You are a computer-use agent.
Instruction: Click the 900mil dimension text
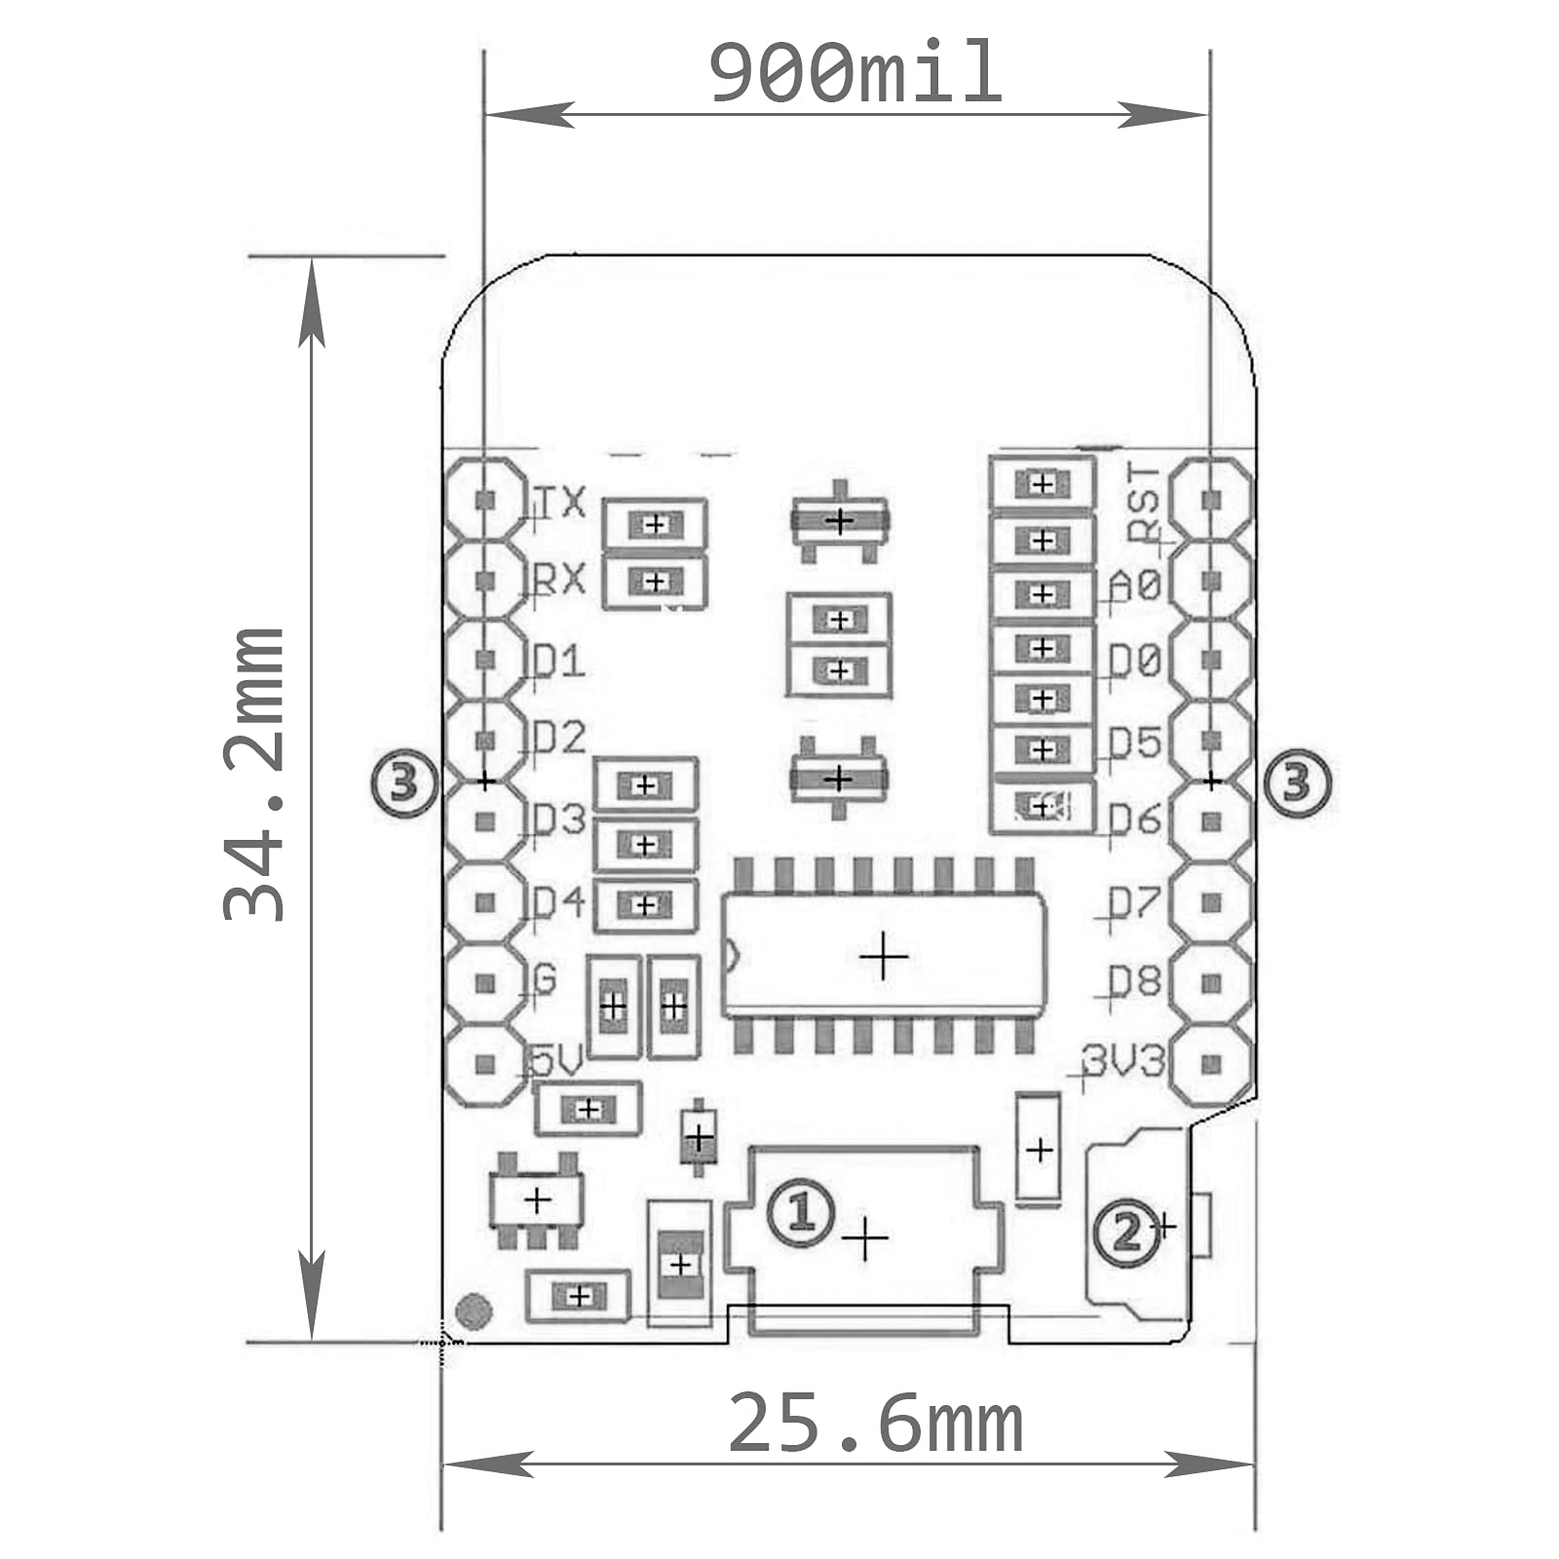[x=855, y=73]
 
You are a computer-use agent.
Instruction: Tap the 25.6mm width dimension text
[x=875, y=1425]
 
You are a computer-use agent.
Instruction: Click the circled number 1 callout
[x=800, y=1212]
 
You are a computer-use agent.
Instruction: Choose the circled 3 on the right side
[x=1296, y=782]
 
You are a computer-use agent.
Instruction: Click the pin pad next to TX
[x=485, y=500]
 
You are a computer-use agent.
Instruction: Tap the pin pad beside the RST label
[x=1211, y=500]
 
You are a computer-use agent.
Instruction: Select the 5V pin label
[x=555, y=1060]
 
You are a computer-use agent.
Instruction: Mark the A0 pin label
[x=1136, y=586]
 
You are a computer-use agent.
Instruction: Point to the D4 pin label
[x=559, y=902]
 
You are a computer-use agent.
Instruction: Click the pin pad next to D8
[x=1211, y=983]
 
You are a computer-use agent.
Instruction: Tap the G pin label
[x=545, y=978]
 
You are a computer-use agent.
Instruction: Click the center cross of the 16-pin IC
[x=883, y=957]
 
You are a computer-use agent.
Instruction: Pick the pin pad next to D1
[x=485, y=660]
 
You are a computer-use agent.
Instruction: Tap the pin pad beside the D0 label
[x=1211, y=660]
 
